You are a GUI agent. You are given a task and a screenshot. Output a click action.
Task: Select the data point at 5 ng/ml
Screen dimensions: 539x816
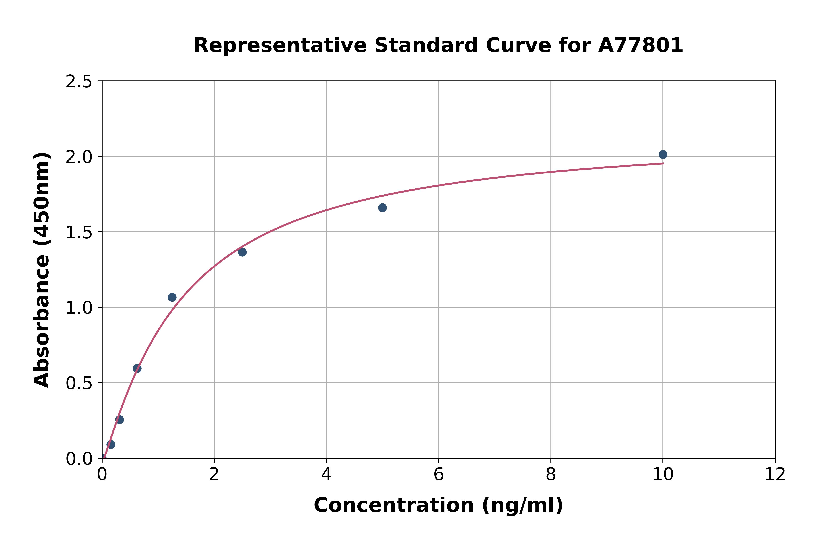coord(382,208)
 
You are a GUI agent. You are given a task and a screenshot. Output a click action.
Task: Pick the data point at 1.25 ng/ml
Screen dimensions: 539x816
coord(172,297)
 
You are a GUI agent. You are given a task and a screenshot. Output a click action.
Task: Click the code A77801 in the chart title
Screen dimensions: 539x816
coord(640,45)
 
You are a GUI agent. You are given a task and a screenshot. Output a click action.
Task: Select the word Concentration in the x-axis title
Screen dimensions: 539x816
coord(394,505)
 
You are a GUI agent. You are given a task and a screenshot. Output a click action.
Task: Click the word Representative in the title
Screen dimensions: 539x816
coord(280,45)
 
